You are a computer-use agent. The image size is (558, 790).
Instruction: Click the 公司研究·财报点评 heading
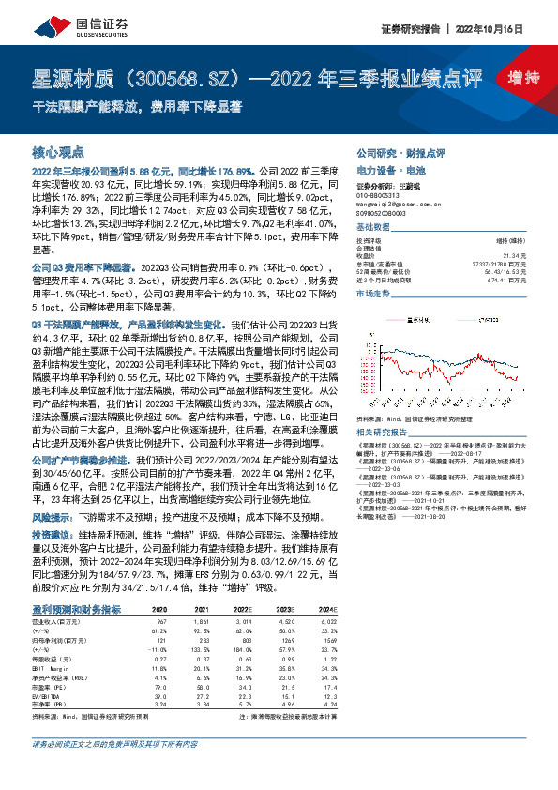(400, 152)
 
